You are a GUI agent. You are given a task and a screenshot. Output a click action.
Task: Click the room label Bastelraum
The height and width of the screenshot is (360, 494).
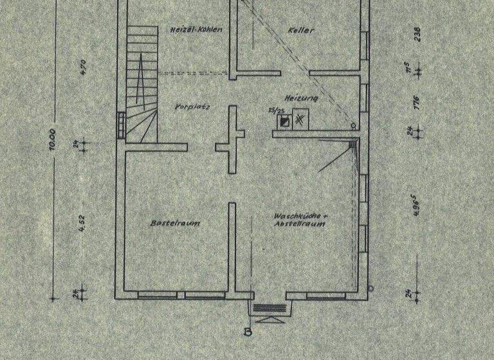tap(174, 223)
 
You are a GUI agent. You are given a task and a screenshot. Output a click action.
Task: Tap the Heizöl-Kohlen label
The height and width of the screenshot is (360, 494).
tap(196, 30)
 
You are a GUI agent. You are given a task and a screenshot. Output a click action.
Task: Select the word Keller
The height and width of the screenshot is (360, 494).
tap(300, 30)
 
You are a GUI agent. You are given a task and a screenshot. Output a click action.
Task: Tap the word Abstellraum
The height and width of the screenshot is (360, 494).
tap(300, 224)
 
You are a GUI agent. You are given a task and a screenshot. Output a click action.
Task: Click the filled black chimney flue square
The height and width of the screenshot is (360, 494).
tap(284, 120)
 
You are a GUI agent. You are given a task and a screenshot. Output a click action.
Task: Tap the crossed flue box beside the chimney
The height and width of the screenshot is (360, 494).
tap(300, 119)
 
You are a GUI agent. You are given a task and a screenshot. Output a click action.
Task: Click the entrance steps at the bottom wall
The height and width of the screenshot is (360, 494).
tap(267, 308)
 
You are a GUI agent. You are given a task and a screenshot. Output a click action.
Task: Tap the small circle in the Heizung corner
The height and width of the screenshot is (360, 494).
tap(352, 125)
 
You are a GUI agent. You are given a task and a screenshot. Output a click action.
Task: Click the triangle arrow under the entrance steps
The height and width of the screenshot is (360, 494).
tap(267, 318)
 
